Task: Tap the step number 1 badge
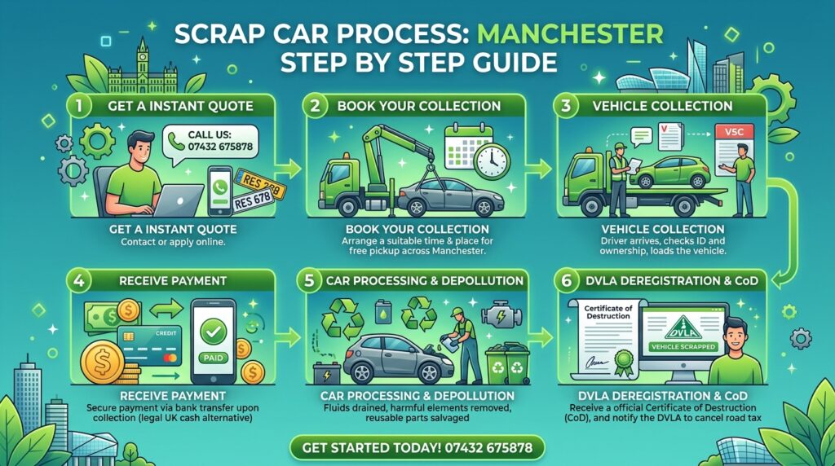coord(78,105)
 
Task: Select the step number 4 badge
coord(78,280)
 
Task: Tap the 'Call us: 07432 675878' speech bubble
coord(210,141)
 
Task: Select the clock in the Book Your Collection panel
coord(493,160)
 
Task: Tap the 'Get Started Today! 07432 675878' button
coord(417,448)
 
